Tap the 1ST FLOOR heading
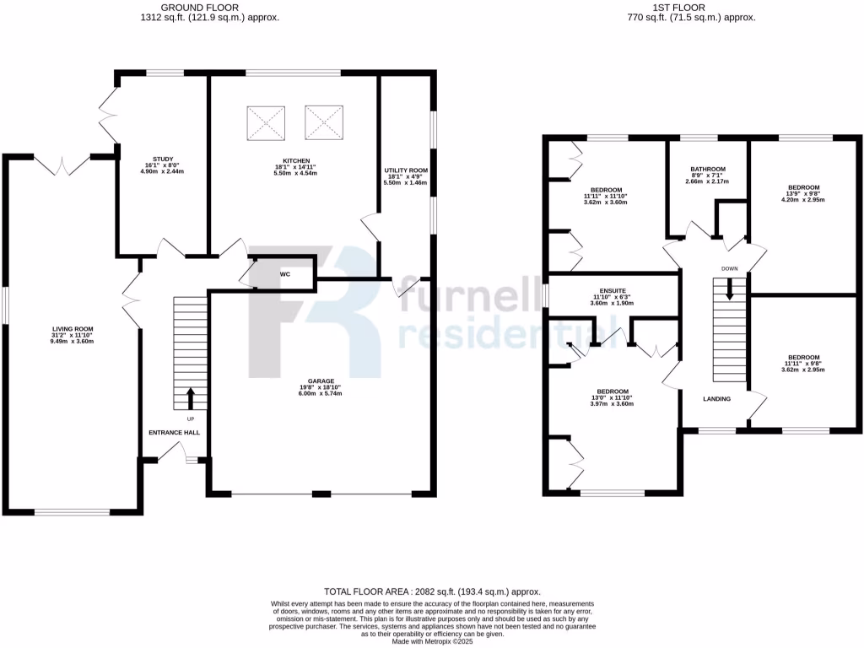click(690, 7)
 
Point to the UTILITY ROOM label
click(406, 170)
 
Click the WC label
click(284, 274)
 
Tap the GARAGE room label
click(321, 381)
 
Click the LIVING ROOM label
click(73, 329)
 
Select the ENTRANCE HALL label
click(172, 433)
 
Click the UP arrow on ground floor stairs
click(190, 396)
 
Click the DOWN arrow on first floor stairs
click(730, 289)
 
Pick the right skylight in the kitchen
click(325, 123)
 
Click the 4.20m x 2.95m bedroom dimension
click(804, 202)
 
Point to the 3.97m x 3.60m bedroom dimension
click(613, 405)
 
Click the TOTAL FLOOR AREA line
click(432, 592)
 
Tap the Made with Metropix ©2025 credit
click(432, 641)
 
